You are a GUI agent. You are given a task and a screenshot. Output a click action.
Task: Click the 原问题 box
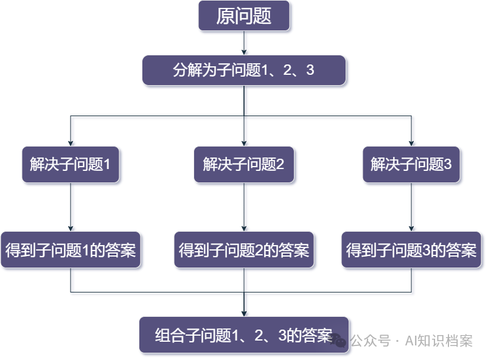click(244, 16)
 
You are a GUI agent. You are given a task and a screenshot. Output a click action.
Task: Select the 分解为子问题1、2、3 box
click(244, 71)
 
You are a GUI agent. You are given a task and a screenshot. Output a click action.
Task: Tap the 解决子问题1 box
click(71, 164)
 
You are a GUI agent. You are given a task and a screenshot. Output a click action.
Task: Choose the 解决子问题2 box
click(244, 164)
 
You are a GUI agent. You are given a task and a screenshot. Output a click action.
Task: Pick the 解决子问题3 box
click(412, 164)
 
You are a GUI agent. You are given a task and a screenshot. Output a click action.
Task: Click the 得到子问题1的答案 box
click(71, 249)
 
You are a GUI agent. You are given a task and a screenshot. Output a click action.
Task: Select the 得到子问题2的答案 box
click(244, 249)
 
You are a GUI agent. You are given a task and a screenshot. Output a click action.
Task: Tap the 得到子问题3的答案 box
click(412, 249)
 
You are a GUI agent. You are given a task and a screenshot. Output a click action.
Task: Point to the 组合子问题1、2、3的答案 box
click(244, 335)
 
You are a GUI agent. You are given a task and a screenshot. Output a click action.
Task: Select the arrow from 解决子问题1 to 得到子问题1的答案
click(71, 207)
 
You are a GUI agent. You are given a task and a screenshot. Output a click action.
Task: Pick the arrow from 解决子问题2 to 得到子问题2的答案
click(244, 207)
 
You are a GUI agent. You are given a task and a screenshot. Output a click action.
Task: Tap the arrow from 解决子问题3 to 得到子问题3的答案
click(412, 207)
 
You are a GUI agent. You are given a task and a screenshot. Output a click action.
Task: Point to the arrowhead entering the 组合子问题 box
click(244, 313)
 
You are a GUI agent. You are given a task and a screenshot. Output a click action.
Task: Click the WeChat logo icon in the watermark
click(338, 341)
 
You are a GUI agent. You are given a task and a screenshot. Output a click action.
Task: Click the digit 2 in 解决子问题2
click(281, 164)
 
